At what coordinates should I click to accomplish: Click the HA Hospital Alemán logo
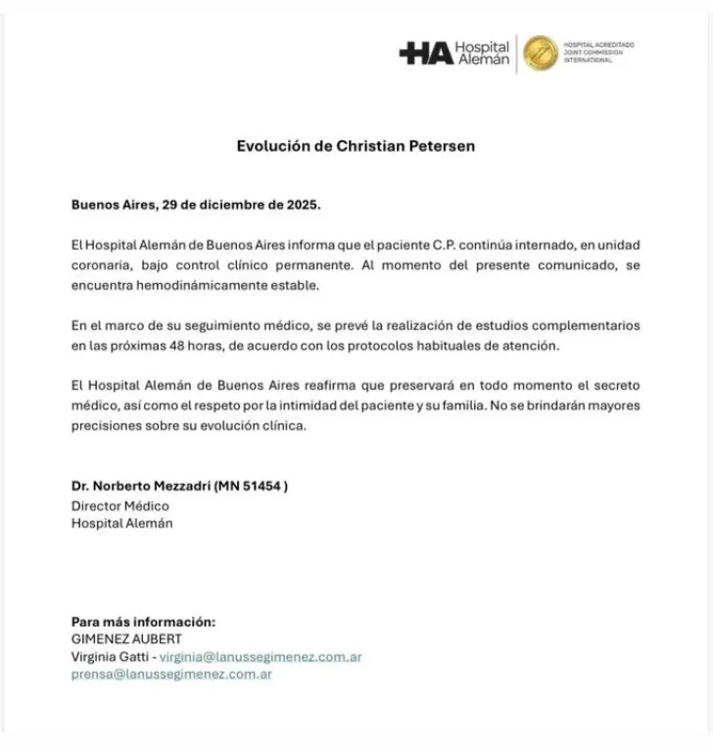(x=454, y=52)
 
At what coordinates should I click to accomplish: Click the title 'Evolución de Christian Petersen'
(x=356, y=146)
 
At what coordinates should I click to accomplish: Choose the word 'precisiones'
(x=107, y=426)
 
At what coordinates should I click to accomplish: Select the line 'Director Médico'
(x=119, y=505)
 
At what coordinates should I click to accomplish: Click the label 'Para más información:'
(x=143, y=622)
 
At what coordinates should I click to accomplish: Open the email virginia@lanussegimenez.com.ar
(x=266, y=657)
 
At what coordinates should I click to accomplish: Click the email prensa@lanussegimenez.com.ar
(x=171, y=675)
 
